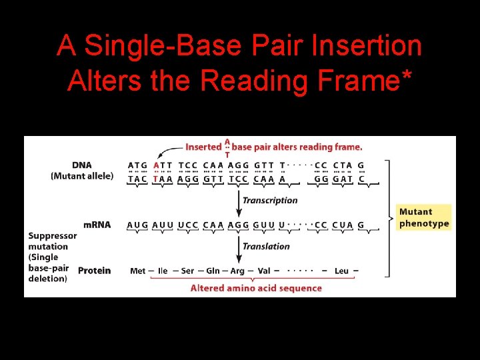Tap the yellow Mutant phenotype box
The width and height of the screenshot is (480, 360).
[424, 218]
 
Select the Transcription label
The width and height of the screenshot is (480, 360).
[270, 200]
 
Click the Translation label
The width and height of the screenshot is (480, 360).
[266, 246]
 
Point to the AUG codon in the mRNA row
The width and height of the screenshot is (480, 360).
[137, 225]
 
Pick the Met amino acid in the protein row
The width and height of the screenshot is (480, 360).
[138, 271]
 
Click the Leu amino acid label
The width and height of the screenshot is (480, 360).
[341, 271]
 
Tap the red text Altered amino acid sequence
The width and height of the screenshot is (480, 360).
[256, 288]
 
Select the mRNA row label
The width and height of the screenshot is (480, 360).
[97, 225]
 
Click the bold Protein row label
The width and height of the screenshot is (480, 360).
[95, 271]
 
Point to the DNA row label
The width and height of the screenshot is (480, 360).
[82, 165]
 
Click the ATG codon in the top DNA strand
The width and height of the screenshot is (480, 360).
[137, 165]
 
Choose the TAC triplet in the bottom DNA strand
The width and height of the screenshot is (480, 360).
[137, 179]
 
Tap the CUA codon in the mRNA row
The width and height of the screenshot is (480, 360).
[342, 225]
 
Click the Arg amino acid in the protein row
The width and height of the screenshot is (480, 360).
[237, 271]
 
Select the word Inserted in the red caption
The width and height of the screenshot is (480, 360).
[203, 147]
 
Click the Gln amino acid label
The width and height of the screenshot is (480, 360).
[213, 271]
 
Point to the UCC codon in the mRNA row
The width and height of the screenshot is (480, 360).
[187, 225]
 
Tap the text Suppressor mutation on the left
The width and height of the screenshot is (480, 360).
[53, 241]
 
